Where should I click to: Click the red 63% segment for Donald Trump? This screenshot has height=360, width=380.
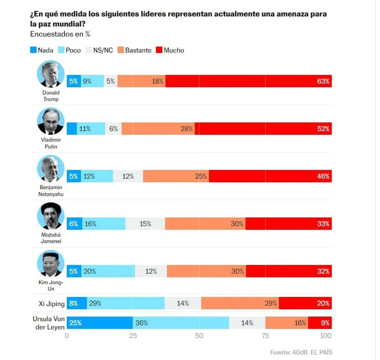(248, 81)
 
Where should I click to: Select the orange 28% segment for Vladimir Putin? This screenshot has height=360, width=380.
(158, 129)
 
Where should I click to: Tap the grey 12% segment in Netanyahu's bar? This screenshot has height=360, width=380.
(128, 176)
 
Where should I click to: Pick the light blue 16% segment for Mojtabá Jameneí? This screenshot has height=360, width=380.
(104, 224)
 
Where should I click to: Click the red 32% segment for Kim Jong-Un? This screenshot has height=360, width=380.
(289, 271)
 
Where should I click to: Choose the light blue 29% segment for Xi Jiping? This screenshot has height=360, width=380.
(125, 303)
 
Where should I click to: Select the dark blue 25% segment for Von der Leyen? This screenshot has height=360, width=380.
(100, 323)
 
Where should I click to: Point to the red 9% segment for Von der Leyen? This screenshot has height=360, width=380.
(320, 323)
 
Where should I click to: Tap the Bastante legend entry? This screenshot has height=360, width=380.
(134, 50)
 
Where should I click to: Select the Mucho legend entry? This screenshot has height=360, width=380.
(170, 50)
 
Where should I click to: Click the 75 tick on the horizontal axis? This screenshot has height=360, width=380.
(265, 336)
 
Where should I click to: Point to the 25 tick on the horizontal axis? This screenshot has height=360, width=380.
(133, 336)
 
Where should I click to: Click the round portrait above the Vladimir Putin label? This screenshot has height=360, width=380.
(51, 121)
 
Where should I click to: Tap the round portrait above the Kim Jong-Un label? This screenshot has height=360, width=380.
(51, 264)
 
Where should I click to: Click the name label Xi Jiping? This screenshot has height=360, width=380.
(50, 303)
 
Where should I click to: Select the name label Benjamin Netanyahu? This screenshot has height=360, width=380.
(51, 191)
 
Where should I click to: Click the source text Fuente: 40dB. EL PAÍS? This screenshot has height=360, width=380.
(301, 352)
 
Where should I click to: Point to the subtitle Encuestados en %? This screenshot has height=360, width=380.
(60, 34)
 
